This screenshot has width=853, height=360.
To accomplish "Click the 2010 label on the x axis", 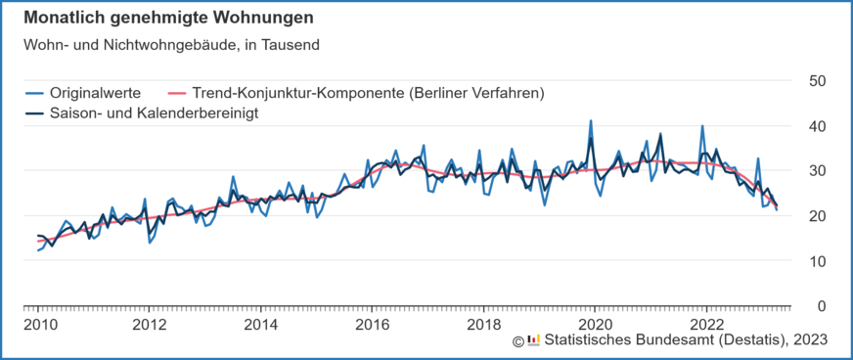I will (x=38, y=324).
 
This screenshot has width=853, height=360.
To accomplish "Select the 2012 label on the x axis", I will (x=149, y=324).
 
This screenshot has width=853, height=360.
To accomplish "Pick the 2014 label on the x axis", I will (x=260, y=324).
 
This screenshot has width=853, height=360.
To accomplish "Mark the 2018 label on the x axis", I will (x=483, y=324).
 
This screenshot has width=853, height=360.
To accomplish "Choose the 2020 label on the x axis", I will (x=595, y=324).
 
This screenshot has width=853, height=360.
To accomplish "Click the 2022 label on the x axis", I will (x=706, y=324).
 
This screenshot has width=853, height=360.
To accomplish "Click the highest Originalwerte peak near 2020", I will (x=591, y=121).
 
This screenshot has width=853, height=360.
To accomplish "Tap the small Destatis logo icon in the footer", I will (x=533, y=339).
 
